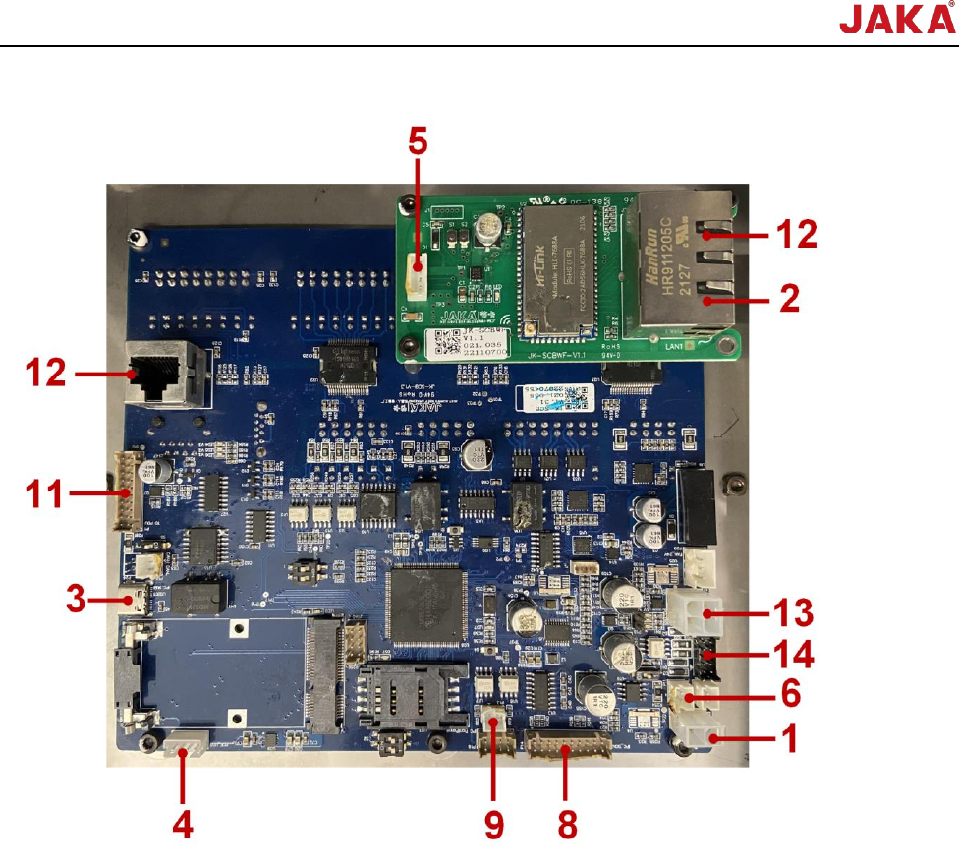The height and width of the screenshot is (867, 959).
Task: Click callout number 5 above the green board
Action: [x=418, y=142]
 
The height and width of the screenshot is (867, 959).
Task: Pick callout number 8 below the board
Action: [x=568, y=823]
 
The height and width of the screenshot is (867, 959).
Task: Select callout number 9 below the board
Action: [x=493, y=823]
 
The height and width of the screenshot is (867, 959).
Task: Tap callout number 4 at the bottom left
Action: [x=182, y=823]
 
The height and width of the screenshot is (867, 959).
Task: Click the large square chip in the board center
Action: [x=428, y=606]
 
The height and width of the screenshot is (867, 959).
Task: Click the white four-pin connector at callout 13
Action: [x=698, y=614]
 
